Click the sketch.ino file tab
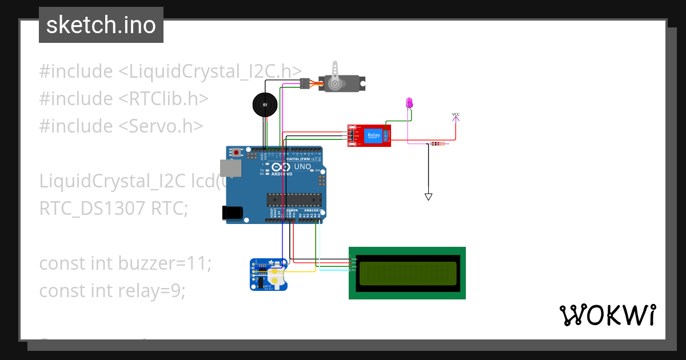point(101,25)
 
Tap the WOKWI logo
point(607,315)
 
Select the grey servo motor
point(340,83)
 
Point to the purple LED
point(409,103)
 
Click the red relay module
point(369,136)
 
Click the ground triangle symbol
point(428,197)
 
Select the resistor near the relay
point(437,143)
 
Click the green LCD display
point(407,273)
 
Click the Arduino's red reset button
point(236,153)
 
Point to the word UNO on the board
point(302,167)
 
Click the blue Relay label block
point(373,136)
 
